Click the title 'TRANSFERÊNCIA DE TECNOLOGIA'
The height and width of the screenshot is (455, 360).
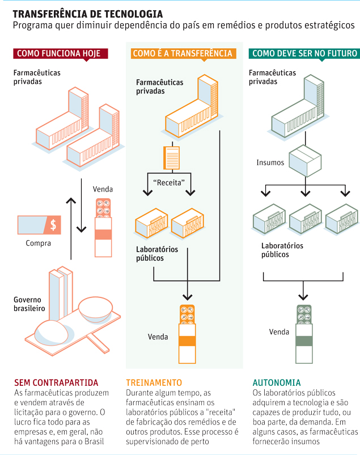(x=87, y=14)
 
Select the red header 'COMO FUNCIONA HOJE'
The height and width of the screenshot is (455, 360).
(x=58, y=54)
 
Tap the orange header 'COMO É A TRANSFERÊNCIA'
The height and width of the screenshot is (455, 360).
(x=182, y=54)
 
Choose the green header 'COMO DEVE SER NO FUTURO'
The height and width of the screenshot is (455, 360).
(x=304, y=54)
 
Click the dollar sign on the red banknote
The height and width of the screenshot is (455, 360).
(x=53, y=225)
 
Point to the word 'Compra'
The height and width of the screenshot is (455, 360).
(x=38, y=244)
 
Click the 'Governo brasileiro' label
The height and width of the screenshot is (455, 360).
(x=29, y=304)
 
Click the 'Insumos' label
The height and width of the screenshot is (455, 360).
(x=270, y=163)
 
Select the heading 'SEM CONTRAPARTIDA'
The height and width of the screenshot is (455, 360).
(x=56, y=382)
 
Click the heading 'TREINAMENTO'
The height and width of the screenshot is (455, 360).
(x=154, y=382)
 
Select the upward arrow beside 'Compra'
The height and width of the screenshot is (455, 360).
(x=71, y=215)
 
